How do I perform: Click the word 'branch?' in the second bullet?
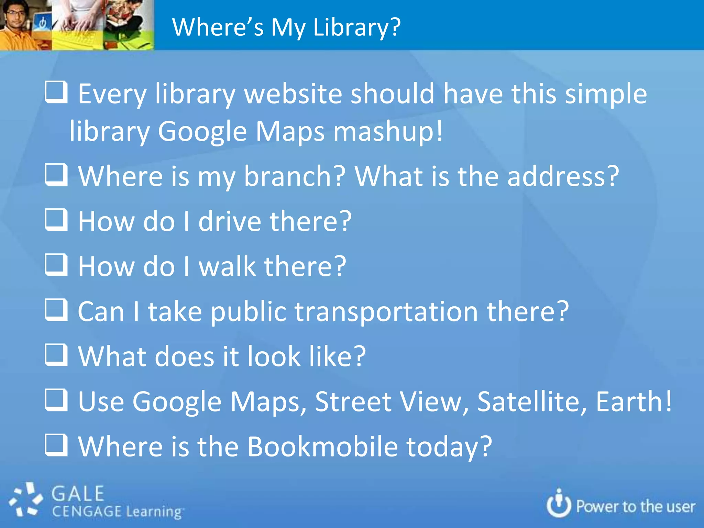294,176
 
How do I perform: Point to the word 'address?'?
563,176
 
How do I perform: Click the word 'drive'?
230,221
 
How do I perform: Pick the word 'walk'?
227,266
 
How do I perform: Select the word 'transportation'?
386,312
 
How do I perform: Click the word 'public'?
248,312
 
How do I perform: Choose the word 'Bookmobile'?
322,447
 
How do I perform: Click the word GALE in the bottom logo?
78,494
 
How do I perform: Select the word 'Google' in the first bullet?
202,132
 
